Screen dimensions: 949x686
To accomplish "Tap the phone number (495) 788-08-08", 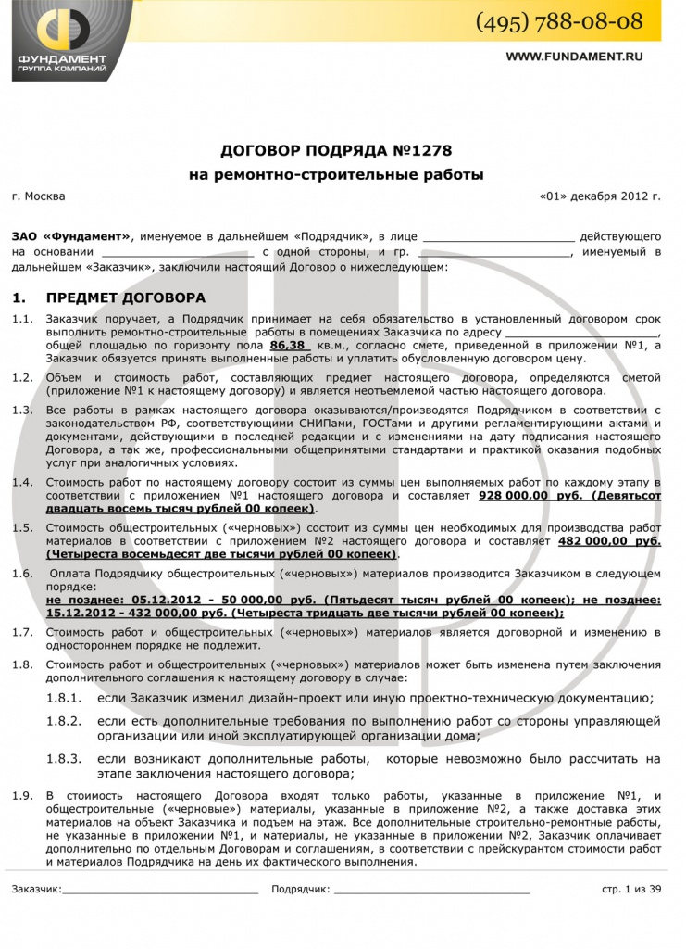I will pyautogui.click(x=559, y=21).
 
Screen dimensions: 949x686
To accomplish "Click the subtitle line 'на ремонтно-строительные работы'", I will pyautogui.click(x=336, y=173).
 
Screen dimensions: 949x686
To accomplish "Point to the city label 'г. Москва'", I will pyautogui.click(x=39, y=196).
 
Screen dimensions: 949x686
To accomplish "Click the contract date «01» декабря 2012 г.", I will pyautogui.click(x=599, y=196).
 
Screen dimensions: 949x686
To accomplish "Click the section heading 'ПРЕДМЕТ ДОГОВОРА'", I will pyautogui.click(x=126, y=298).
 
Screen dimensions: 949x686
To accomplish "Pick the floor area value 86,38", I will pyautogui.click(x=287, y=345).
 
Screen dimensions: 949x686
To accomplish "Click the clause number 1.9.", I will pyautogui.click(x=22, y=795).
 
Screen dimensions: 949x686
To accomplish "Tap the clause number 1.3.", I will pyautogui.click(x=22, y=410).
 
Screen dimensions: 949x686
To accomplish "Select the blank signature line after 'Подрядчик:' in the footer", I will pyautogui.click(x=431, y=891).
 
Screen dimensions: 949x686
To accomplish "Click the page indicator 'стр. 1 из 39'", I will pyautogui.click(x=631, y=890).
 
